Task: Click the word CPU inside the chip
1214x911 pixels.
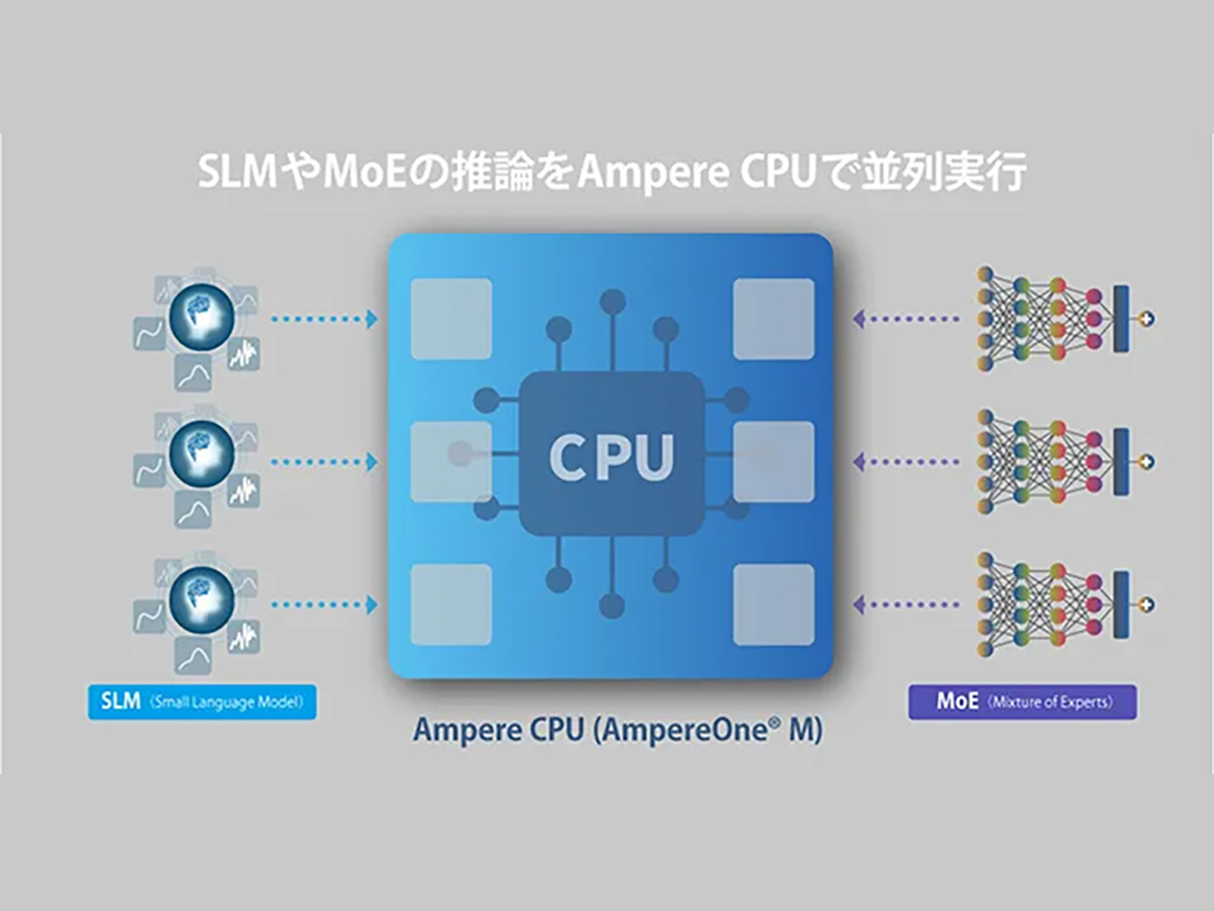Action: point(612,457)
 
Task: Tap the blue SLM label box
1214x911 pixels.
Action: point(202,702)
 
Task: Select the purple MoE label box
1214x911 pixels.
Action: point(1022,702)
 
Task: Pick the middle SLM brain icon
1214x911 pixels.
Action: point(201,454)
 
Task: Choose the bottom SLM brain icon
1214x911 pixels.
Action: point(201,598)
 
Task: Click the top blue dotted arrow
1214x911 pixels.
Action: point(324,319)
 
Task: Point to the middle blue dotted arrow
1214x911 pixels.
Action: point(324,462)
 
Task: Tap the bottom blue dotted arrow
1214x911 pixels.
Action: point(324,604)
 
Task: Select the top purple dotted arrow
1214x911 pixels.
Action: point(907,319)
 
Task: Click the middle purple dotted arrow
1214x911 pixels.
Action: point(907,462)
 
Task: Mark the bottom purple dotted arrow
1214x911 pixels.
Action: point(907,604)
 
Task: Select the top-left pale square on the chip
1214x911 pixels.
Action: point(451,318)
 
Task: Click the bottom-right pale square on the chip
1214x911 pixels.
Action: point(774,604)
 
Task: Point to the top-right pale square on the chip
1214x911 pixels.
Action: point(774,318)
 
